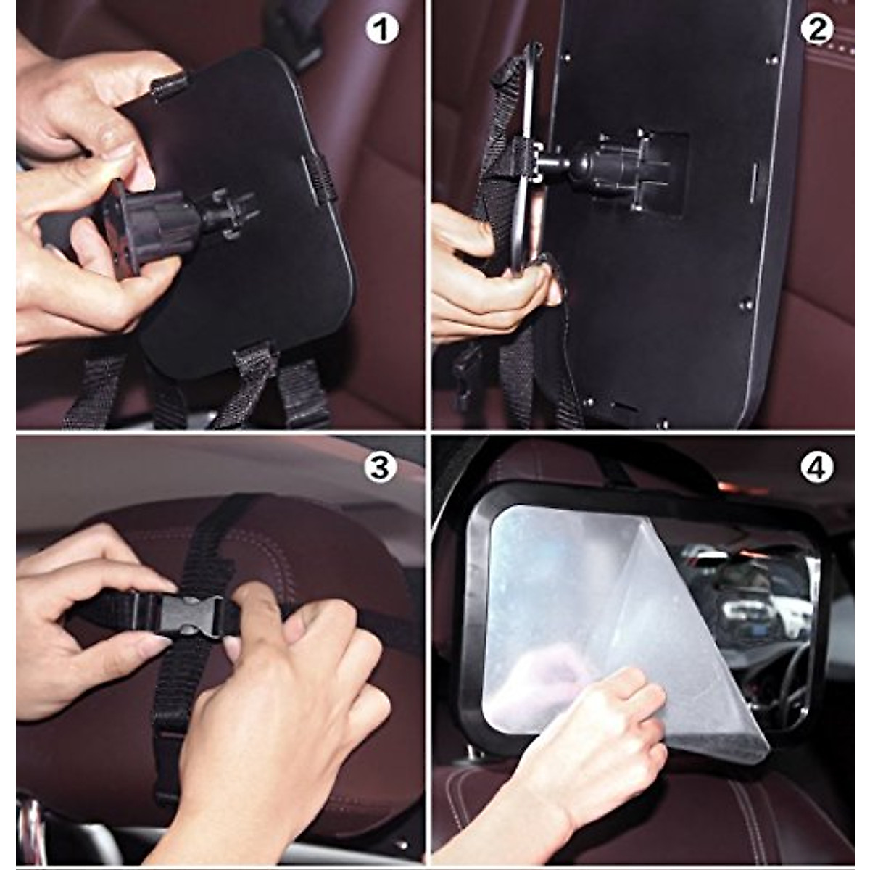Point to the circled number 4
coord(816,469)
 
